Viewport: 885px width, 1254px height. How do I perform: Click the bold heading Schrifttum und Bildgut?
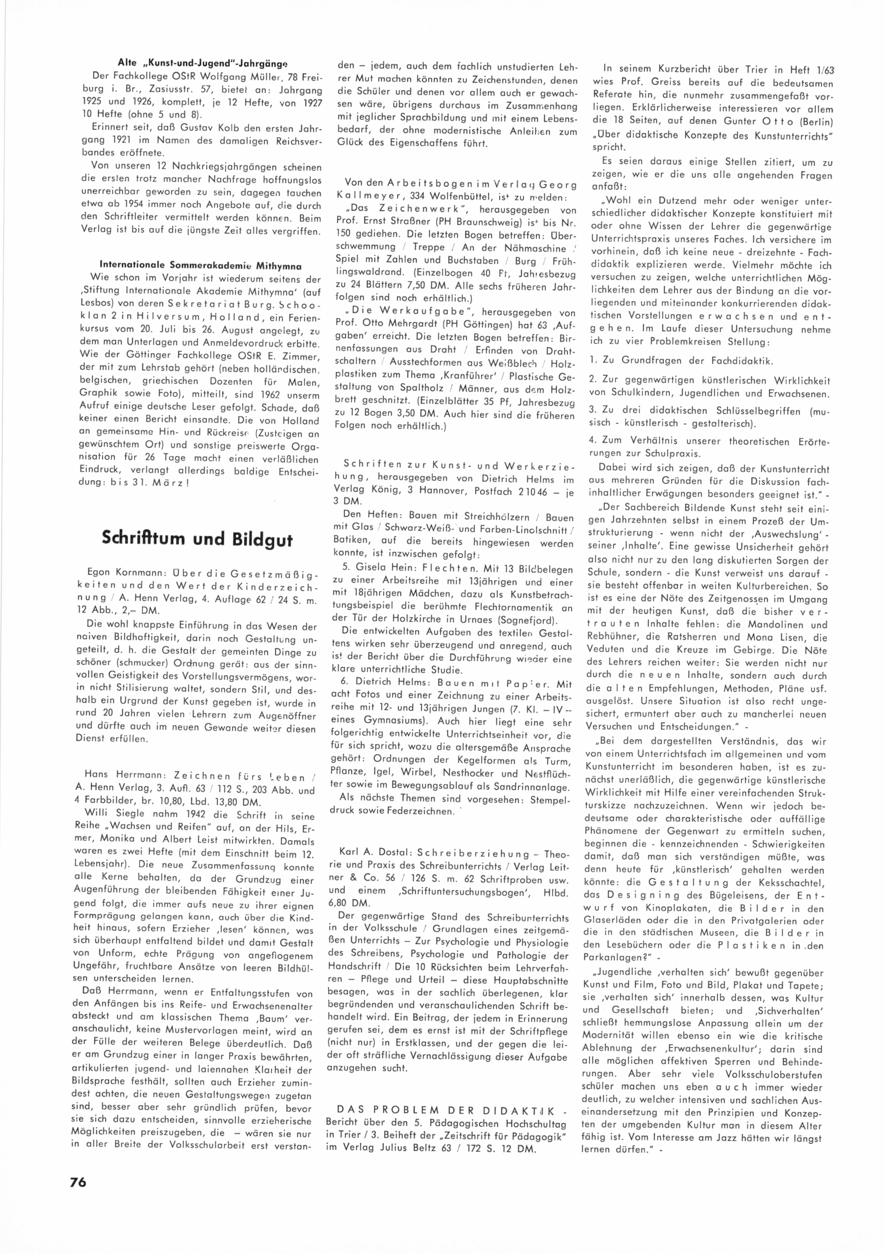[x=197, y=539]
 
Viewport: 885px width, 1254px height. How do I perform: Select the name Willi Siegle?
[x=110, y=816]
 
